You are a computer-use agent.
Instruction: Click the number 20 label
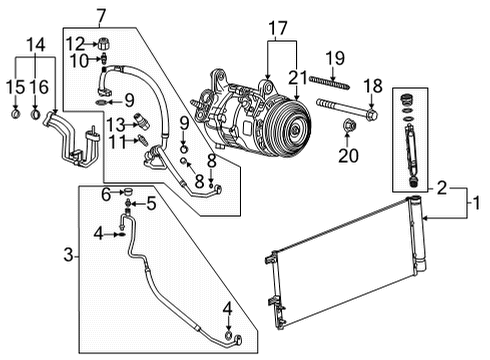[348, 156]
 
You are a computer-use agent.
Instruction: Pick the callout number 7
[100, 16]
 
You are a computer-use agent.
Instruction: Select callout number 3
[68, 256]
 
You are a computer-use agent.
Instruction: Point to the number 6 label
[104, 194]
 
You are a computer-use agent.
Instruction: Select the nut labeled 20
[348, 127]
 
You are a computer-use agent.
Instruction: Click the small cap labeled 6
[126, 193]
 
